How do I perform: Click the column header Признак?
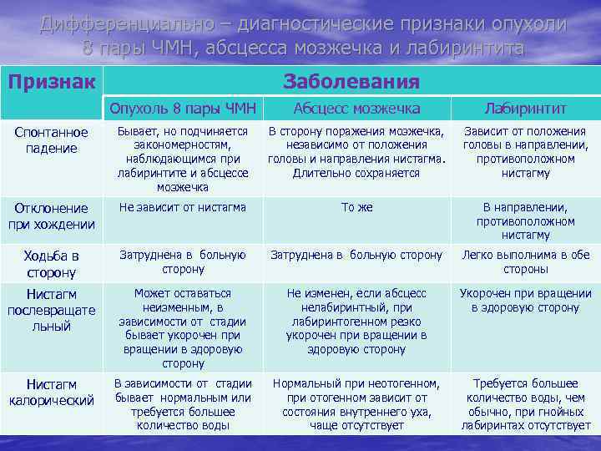pyautogui.click(x=52, y=81)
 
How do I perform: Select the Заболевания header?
pyautogui.click(x=351, y=81)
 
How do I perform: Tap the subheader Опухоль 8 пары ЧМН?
pyautogui.click(x=183, y=109)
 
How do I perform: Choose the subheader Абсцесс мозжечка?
pyautogui.click(x=356, y=109)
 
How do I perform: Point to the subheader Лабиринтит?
pyautogui.click(x=526, y=109)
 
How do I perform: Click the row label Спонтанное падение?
pyautogui.click(x=52, y=140)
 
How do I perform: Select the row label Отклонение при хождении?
pyautogui.click(x=52, y=215)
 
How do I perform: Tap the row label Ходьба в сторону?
pyautogui.click(x=52, y=263)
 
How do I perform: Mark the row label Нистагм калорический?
pyautogui.click(x=52, y=392)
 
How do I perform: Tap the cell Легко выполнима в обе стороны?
pyautogui.click(x=526, y=262)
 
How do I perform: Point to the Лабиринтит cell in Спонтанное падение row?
pyautogui.click(x=526, y=152)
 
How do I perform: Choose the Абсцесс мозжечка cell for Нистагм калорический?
pyautogui.click(x=356, y=404)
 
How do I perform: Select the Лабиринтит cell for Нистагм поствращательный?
pyautogui.click(x=526, y=301)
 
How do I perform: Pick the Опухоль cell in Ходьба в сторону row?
pyautogui.click(x=183, y=262)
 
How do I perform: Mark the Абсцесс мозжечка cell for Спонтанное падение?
pyautogui.click(x=356, y=152)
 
